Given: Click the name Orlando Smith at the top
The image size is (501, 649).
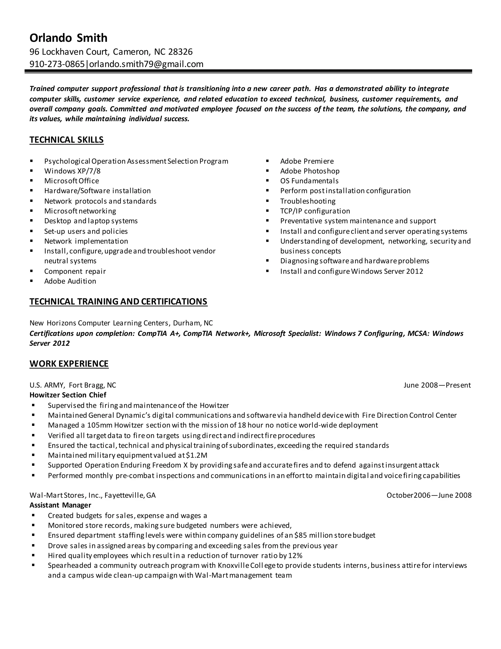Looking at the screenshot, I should point(68,38).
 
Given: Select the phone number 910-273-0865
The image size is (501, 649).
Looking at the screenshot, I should point(57,64).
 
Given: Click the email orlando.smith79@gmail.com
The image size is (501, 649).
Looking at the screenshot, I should point(146,64).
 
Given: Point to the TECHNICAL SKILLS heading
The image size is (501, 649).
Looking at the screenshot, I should point(67,140).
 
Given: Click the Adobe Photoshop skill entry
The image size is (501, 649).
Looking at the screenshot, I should point(309,171).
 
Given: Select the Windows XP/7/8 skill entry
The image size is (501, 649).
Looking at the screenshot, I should point(72,171).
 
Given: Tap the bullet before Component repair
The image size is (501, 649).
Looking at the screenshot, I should point(32,271).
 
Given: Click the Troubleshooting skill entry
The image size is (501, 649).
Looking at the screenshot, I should point(307,201).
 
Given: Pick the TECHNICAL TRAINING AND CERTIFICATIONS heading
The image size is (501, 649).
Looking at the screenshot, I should point(118,302).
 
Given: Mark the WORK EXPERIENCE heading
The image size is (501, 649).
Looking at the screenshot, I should point(69,364).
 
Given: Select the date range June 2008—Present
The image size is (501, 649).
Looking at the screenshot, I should point(437,385).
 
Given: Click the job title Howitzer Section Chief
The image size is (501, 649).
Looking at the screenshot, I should point(68,395).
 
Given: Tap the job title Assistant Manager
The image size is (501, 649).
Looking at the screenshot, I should point(60,505).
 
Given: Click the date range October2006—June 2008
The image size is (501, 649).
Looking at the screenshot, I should point(429,495).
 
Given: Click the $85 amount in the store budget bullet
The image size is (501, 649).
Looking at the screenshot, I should point(301,535).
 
